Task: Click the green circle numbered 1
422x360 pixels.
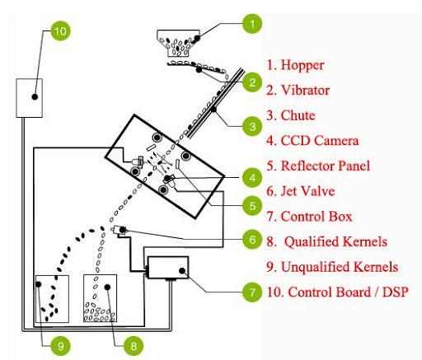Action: click(x=252, y=24)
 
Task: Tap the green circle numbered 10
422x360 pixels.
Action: click(x=60, y=30)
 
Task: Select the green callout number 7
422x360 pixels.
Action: click(x=252, y=292)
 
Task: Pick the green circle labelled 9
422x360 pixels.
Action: click(x=60, y=346)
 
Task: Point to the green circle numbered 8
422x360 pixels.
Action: click(x=134, y=346)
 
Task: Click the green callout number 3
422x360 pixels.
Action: click(x=252, y=126)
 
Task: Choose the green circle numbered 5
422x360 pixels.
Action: click(x=252, y=206)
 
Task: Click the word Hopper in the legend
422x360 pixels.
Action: click(x=302, y=65)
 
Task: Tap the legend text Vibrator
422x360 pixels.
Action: click(x=305, y=90)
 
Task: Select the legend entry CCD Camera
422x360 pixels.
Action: click(x=320, y=140)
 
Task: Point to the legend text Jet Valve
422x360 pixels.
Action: click(x=307, y=191)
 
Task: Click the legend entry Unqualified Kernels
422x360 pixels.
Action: click(x=340, y=267)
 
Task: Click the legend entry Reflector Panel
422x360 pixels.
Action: click(x=326, y=166)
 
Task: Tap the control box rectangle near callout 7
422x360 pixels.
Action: click(x=168, y=268)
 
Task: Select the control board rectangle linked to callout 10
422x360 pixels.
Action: click(x=29, y=98)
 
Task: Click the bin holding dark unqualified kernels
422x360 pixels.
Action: click(x=52, y=298)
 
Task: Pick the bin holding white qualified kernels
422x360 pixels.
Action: click(x=101, y=298)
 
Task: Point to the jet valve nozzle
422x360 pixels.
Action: click(x=120, y=230)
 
